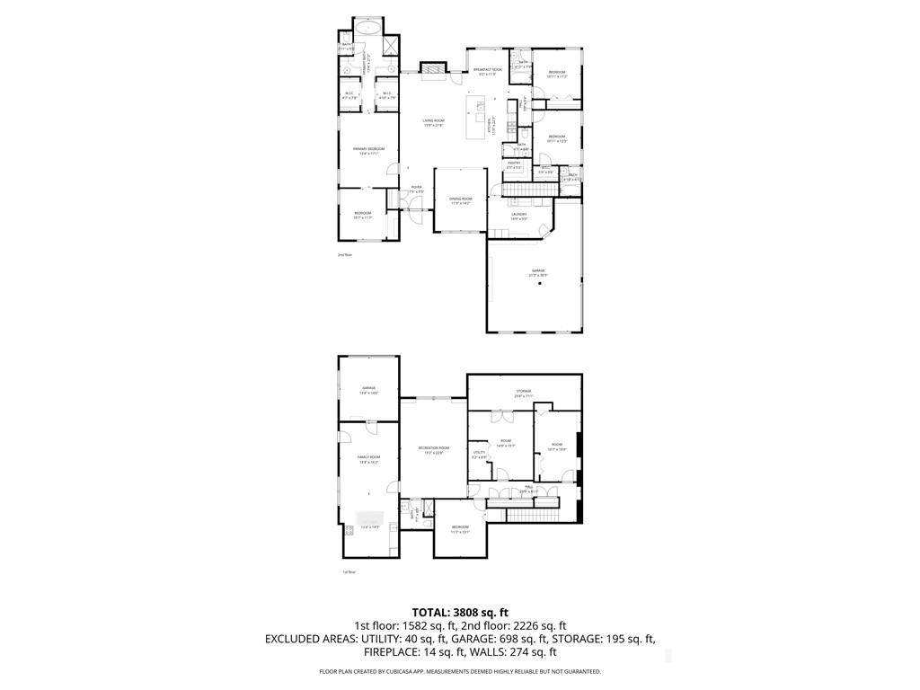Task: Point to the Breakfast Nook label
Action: [487, 71]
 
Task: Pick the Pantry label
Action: [514, 164]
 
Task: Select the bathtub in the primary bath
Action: [367, 29]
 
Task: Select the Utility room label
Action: [479, 455]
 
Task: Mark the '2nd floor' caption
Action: [345, 255]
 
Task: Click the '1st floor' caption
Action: [349, 571]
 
